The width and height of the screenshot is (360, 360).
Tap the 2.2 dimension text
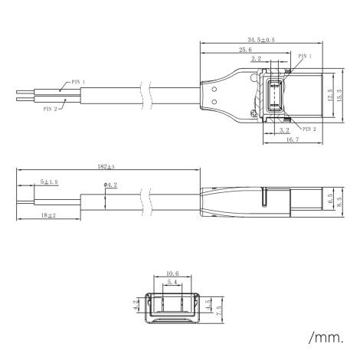[277, 58]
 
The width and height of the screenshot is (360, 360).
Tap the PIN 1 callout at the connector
[304, 56]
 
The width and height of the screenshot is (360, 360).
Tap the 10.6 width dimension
[172, 273]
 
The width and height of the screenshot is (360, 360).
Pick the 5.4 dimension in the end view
[172, 283]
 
